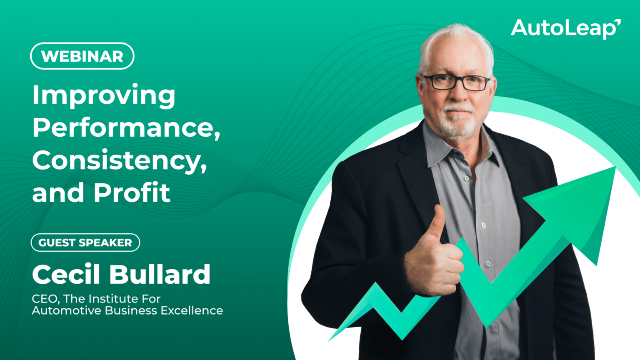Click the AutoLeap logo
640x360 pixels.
click(x=566, y=29)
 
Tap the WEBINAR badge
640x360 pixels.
click(x=82, y=56)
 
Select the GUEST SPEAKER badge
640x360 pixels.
click(x=85, y=242)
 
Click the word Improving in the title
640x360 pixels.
click(x=104, y=96)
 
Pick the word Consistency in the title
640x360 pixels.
click(x=120, y=161)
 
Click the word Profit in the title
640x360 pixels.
click(x=132, y=192)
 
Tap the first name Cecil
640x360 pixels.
click(x=66, y=274)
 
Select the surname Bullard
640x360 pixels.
click(x=160, y=274)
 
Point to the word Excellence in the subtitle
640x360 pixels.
click(x=192, y=310)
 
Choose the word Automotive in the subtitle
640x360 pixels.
click(x=67, y=310)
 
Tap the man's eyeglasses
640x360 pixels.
click(x=457, y=82)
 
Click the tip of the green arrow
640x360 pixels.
click(x=615, y=167)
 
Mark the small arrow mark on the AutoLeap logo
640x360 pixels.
click(x=618, y=22)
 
